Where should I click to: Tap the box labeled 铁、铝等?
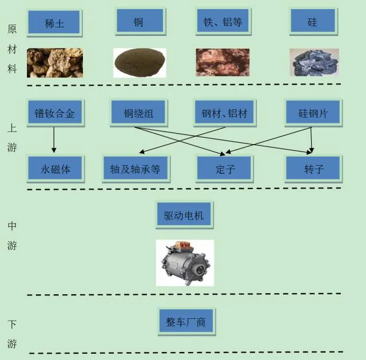[223, 22]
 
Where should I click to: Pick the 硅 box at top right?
[312, 22]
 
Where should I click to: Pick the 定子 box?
[224, 169]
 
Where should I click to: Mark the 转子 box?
[313, 169]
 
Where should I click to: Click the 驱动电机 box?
[184, 216]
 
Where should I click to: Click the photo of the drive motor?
[185, 263]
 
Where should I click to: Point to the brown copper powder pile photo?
[140, 62]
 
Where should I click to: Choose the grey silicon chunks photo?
[313, 62]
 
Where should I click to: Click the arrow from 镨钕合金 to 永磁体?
[54, 140]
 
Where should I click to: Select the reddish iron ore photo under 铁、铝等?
[222, 62]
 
